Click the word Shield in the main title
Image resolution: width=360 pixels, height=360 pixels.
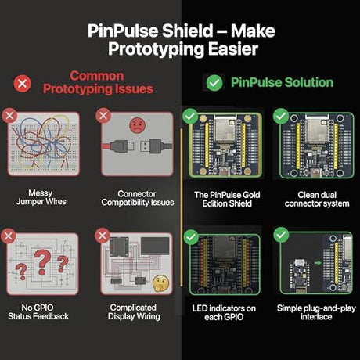coord(187,31)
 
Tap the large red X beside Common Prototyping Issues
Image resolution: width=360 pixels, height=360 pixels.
coord(23,84)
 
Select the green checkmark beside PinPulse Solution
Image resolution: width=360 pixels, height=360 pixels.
coord(214,83)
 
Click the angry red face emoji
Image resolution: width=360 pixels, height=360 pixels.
coord(137,125)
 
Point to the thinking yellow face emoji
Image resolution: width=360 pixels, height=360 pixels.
coord(160,283)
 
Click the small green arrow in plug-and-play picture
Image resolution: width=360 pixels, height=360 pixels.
coord(318,263)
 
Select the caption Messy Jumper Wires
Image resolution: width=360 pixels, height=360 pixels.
coord(41,197)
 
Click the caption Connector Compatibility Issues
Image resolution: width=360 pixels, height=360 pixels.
coord(138,198)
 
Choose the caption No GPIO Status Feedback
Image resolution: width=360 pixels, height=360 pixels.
coord(38,312)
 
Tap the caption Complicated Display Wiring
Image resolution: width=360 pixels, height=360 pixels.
coord(134,312)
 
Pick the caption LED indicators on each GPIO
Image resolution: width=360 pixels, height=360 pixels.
coord(224,312)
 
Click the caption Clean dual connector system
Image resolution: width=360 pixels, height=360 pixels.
coord(317,199)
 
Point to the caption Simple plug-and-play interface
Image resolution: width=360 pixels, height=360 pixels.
coord(316,312)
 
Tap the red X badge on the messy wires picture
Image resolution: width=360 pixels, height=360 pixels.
coord(9,115)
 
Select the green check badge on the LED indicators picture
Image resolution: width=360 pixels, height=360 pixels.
coord(191,237)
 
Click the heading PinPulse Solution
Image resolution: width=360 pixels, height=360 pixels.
coord(282,82)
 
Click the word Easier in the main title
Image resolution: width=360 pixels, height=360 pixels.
coord(233,49)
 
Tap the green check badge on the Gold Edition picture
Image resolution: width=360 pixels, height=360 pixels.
coord(190,116)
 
